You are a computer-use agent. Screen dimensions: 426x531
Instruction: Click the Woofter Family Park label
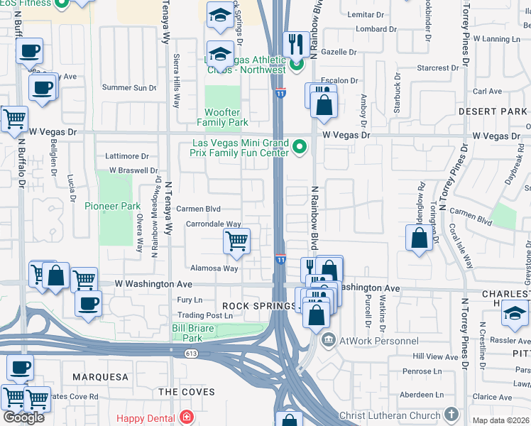(226, 117)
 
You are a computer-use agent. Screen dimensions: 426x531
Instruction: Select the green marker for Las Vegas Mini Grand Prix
(300, 148)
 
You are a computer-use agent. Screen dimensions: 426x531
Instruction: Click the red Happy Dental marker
(186, 416)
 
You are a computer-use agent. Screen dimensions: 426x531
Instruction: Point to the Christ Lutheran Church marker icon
(450, 414)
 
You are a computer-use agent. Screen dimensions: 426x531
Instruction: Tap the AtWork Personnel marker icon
(328, 341)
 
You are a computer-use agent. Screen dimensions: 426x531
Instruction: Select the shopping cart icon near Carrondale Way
(236, 241)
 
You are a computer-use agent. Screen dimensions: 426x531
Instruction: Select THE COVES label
(187, 392)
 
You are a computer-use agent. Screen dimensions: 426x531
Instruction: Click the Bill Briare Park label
(187, 333)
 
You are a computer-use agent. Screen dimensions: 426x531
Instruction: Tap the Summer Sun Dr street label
(128, 88)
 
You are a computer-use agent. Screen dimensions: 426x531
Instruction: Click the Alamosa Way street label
(214, 268)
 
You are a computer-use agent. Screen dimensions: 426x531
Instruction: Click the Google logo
(23, 417)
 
